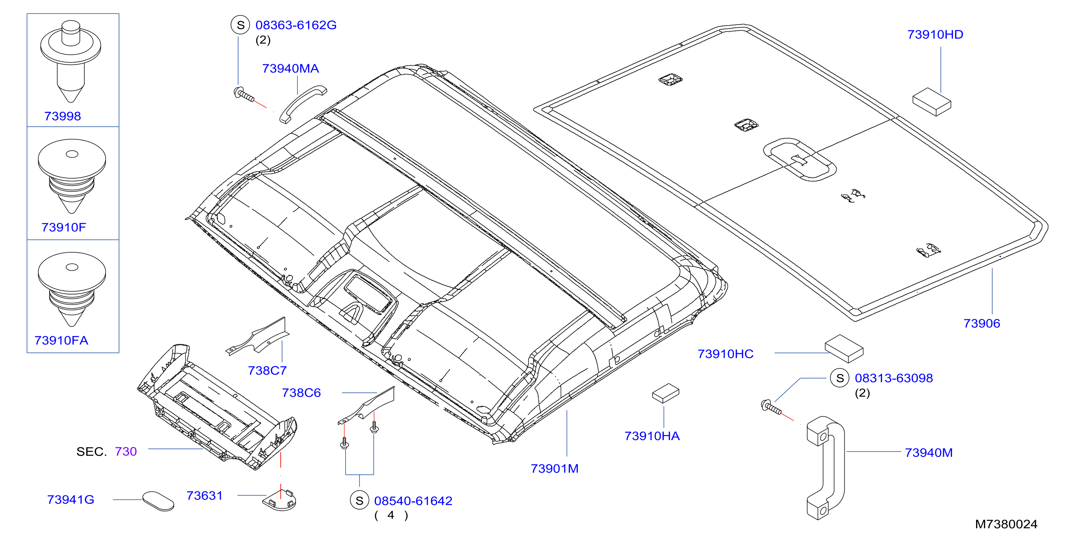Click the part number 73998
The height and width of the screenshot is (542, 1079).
click(x=62, y=116)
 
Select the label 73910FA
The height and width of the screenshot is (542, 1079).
click(x=61, y=340)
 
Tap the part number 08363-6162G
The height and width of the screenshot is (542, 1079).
click(x=296, y=25)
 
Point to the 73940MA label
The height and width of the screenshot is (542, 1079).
click(x=290, y=68)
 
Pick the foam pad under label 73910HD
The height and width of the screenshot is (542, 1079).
click(x=932, y=102)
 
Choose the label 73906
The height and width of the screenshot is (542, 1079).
click(x=982, y=323)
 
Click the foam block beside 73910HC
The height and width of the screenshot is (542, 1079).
click(x=844, y=348)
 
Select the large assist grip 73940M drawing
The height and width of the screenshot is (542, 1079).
click(x=826, y=468)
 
